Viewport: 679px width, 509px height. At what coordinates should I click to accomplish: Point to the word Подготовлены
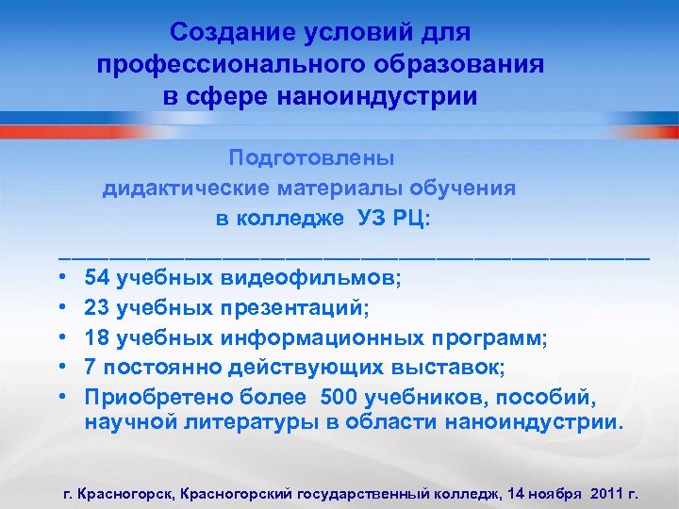(x=312, y=157)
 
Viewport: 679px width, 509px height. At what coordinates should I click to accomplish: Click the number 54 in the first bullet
(x=96, y=278)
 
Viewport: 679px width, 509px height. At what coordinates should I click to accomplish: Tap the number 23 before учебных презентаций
(x=96, y=307)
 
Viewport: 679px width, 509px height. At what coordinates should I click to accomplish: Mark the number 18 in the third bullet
(x=96, y=337)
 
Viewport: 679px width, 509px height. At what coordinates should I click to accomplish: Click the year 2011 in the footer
(x=606, y=493)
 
